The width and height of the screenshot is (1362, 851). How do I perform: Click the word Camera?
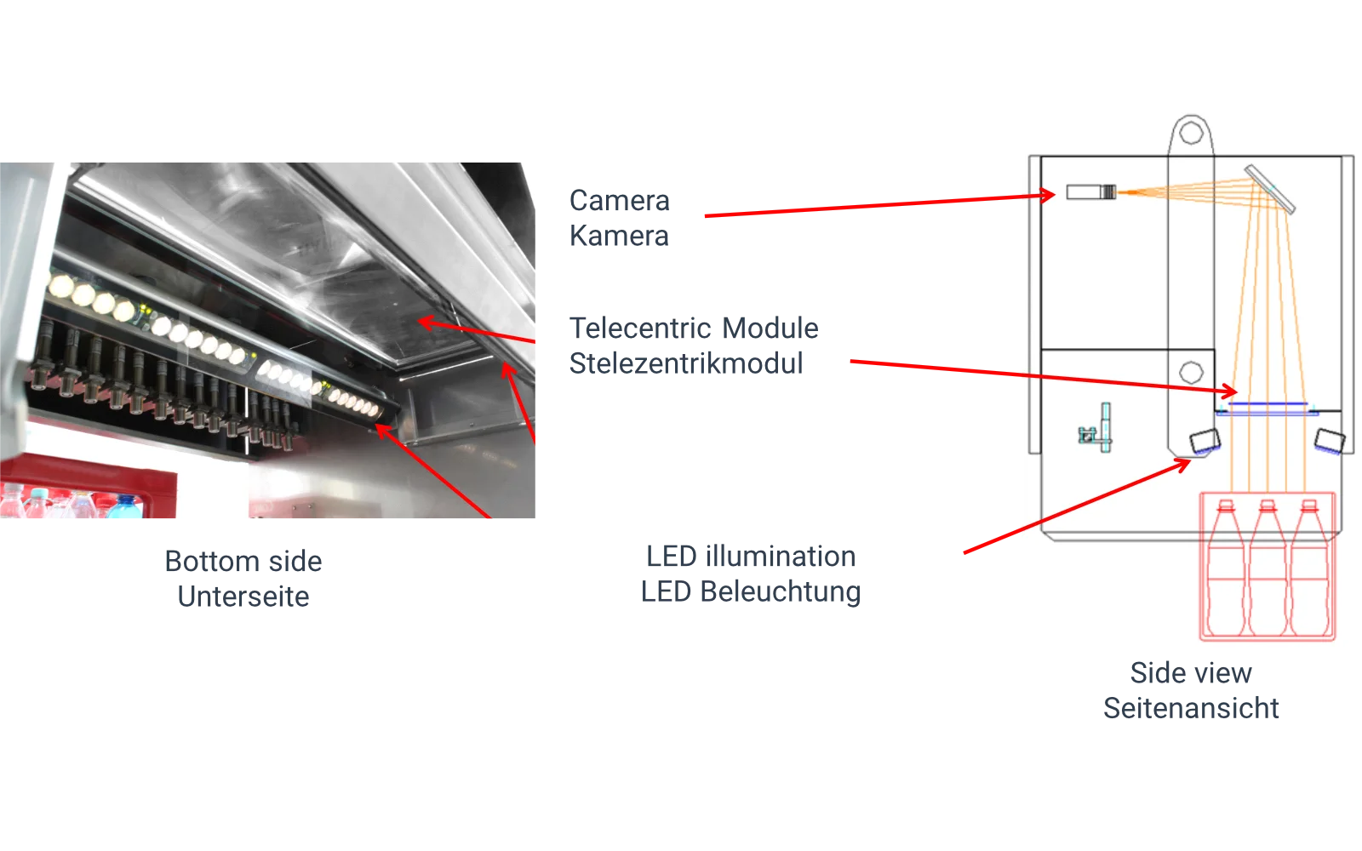pyautogui.click(x=619, y=201)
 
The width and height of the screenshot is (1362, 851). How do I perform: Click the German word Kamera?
pyautogui.click(x=619, y=236)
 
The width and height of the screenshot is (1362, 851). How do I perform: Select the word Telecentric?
pyautogui.click(x=639, y=328)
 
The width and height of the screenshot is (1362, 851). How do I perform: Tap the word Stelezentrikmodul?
pyautogui.click(x=686, y=363)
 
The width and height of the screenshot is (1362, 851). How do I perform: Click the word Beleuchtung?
pyautogui.click(x=781, y=592)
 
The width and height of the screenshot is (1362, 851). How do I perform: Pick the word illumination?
pyautogui.click(x=780, y=557)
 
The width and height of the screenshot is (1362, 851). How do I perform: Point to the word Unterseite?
pyautogui.click(x=243, y=597)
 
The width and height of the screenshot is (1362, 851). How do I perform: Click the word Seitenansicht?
pyautogui.click(x=1191, y=709)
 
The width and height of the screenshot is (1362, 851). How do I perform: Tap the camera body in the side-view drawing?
pyautogui.click(x=1090, y=192)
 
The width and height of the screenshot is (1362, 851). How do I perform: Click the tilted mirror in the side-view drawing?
pyautogui.click(x=1269, y=189)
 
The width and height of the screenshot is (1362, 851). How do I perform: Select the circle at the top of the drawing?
pyautogui.click(x=1191, y=133)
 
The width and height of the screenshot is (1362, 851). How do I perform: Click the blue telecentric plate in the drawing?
pyautogui.click(x=1268, y=408)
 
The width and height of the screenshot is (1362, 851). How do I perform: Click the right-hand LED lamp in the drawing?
pyautogui.click(x=1329, y=441)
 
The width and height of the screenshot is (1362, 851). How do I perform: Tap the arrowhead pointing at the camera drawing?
pyautogui.click(x=1047, y=195)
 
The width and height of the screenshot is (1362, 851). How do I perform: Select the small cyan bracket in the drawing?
pyautogui.click(x=1096, y=428)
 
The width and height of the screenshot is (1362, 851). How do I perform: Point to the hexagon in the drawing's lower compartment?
pyautogui.click(x=1191, y=372)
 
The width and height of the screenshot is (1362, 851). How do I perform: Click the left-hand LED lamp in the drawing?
pyautogui.click(x=1205, y=442)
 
